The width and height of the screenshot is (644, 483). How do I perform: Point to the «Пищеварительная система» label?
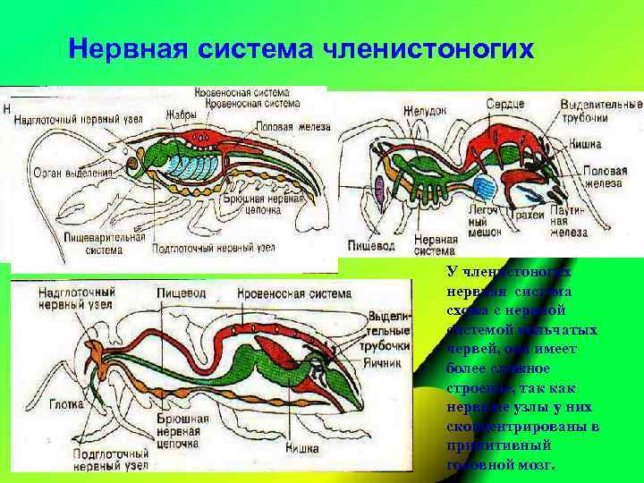tap(104, 243)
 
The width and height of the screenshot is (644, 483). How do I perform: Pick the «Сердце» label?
tap(504, 105)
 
